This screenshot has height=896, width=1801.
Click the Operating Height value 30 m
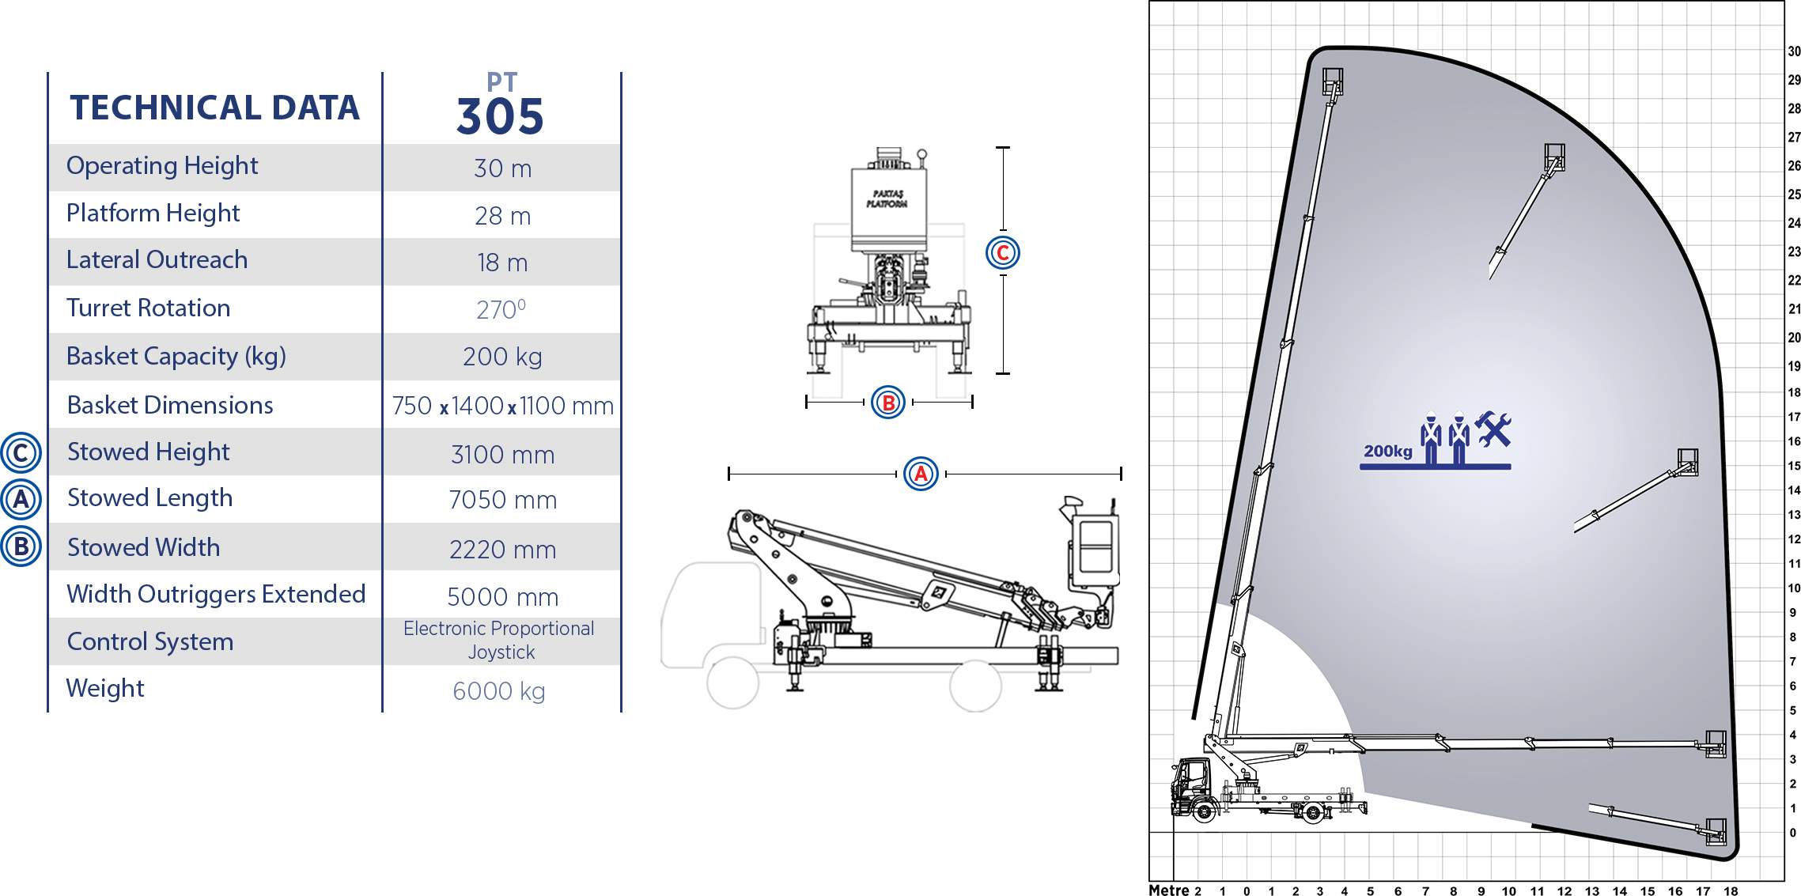point(502,168)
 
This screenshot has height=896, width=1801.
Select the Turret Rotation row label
point(148,308)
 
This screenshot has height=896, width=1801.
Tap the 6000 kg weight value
point(499,691)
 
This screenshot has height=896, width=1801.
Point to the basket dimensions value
point(502,406)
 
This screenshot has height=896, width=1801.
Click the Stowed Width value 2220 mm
point(502,549)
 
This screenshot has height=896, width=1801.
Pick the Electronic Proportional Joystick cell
point(499,641)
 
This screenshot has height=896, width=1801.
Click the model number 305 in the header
point(500,117)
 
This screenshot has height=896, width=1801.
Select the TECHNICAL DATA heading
point(214,108)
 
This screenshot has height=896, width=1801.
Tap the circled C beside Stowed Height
point(21,453)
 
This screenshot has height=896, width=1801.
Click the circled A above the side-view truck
point(921,474)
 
